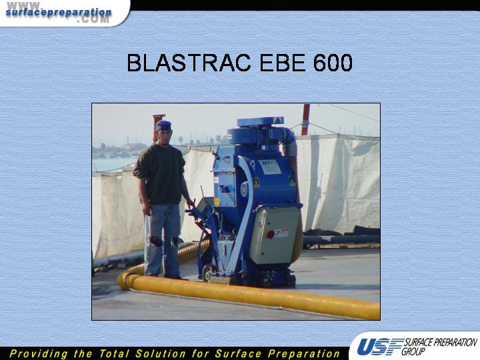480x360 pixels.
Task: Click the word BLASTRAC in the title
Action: point(189,63)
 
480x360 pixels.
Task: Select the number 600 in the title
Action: point(333,63)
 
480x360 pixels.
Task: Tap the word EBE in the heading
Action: point(282,63)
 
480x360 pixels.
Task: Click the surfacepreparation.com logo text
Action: point(58,13)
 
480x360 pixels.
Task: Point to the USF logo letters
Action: point(379,347)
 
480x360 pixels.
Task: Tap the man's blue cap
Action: point(163,125)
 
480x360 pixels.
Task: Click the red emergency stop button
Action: point(270,235)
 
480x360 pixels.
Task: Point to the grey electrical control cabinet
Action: point(273,235)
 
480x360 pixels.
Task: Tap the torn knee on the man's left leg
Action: point(175,241)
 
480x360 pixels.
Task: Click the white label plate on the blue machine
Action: point(269,167)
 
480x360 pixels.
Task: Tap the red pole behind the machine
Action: point(305,119)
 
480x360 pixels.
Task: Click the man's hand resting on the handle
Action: point(191,203)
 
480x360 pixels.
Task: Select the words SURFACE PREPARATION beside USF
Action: point(441,342)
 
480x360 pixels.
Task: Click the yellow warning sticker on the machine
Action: point(216,201)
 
